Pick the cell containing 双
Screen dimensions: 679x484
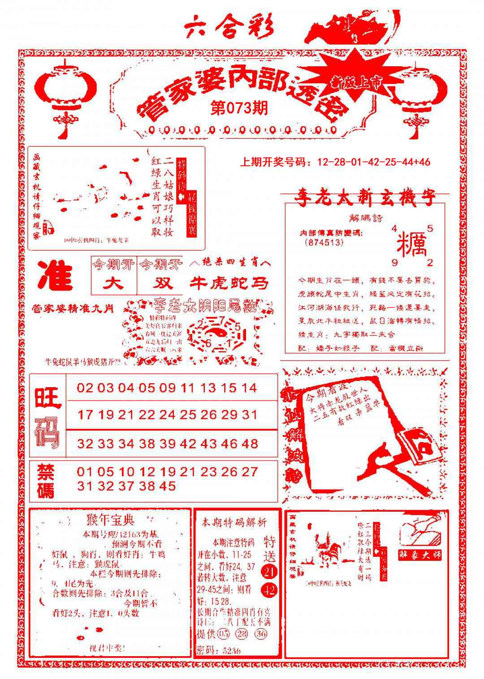(x=160, y=283)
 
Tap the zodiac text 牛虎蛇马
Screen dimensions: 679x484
(x=230, y=283)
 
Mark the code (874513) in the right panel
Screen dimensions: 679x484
(x=323, y=242)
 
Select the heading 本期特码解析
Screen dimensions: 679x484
(x=234, y=522)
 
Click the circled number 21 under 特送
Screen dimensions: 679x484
(x=268, y=571)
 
